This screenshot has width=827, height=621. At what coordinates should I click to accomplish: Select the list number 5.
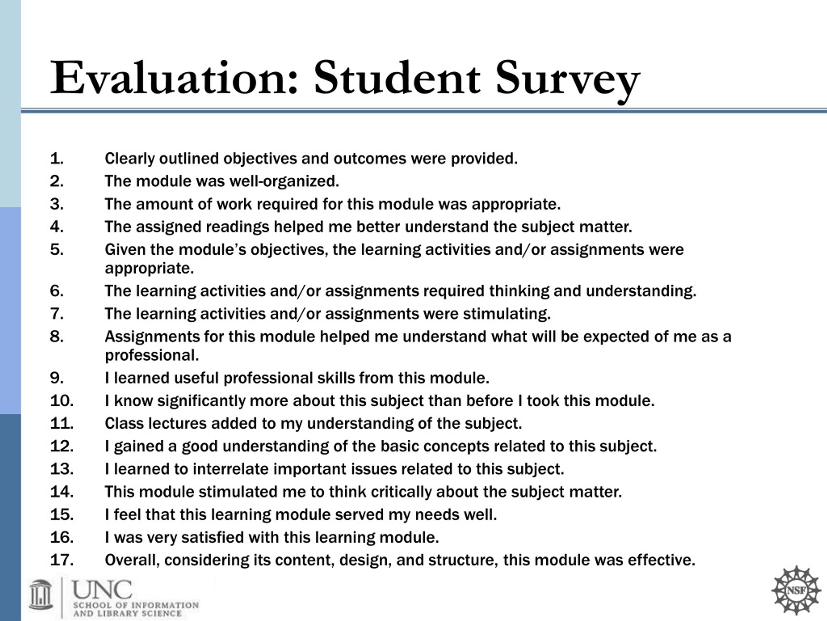point(57,250)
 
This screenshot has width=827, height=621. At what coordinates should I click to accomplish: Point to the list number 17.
point(62,561)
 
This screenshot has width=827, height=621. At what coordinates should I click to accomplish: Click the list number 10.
point(62,401)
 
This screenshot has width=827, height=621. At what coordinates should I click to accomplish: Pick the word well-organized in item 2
point(284,181)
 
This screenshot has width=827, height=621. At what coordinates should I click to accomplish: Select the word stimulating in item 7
point(507,314)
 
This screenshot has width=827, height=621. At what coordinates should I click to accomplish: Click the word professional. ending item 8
point(152,355)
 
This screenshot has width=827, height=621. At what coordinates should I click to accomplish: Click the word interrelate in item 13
point(231,469)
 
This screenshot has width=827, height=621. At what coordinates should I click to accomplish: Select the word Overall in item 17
point(132,561)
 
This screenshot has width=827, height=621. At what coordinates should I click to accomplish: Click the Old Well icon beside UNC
point(40,595)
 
